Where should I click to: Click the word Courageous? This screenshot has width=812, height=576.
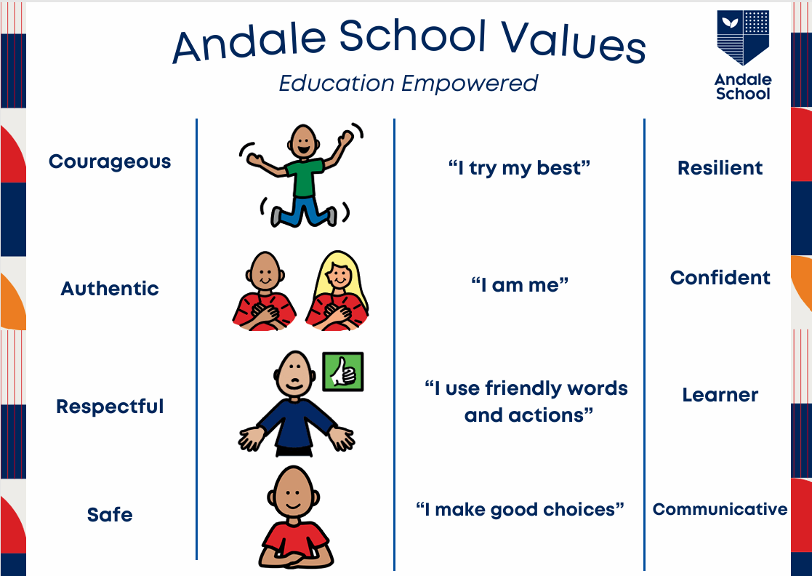point(110,162)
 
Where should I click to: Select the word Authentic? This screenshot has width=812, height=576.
point(110,289)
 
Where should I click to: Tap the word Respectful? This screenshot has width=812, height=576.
point(110,406)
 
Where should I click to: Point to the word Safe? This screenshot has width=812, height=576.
point(110,515)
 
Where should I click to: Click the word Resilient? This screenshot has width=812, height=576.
point(720,168)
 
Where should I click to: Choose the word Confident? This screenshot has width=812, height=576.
point(720,278)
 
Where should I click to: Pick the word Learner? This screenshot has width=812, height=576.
point(720,395)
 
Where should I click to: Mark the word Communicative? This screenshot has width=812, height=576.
point(720,509)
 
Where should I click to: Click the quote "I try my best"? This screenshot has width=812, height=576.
point(520,168)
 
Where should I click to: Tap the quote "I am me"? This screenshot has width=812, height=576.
point(520,284)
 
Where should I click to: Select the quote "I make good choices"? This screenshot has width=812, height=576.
point(520,510)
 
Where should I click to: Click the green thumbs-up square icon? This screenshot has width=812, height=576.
point(343,372)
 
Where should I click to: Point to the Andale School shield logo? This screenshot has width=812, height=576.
point(743,37)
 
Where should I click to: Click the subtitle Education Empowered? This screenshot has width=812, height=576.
point(409,84)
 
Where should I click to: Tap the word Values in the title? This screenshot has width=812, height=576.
point(573,42)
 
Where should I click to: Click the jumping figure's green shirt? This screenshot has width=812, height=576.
point(305,177)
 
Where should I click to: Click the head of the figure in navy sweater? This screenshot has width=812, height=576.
point(294,375)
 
